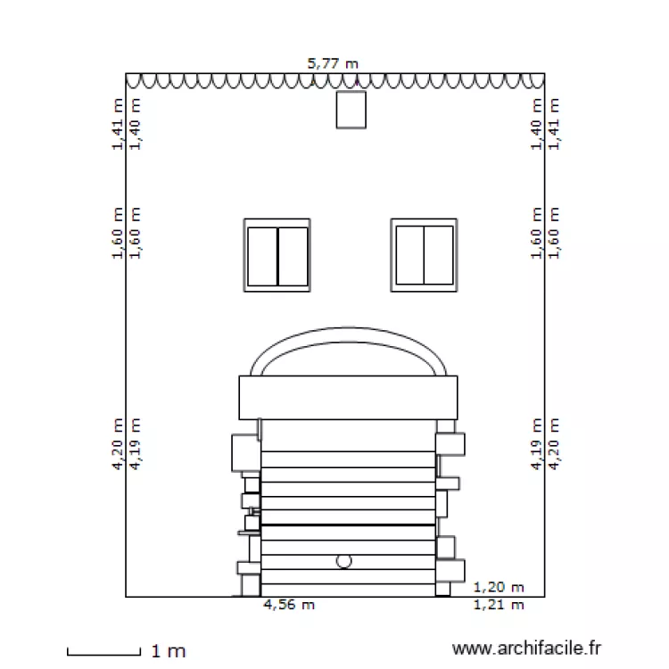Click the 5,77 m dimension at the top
333,63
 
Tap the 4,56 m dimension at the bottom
289,606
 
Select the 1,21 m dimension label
498,606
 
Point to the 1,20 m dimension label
498,588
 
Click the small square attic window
351,110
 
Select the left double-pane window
277,255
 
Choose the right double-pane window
424,255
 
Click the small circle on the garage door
344,561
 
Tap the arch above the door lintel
348,343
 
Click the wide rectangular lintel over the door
348,398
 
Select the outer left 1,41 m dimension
118,125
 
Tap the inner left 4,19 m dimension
136,443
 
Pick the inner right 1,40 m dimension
537,125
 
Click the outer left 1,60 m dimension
118,234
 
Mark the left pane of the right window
409,255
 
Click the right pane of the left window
293,256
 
